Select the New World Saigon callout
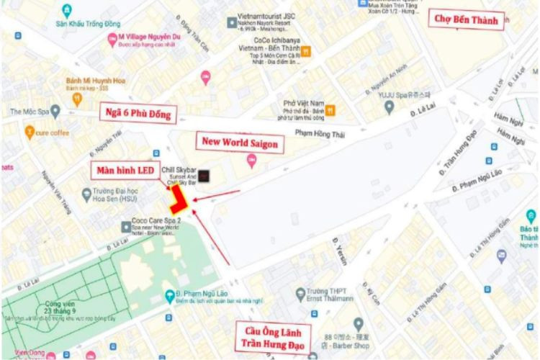238,143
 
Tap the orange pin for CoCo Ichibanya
306,51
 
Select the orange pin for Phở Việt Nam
330,110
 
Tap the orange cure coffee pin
29,132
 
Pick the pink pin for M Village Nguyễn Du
112,38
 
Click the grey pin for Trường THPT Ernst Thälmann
302,293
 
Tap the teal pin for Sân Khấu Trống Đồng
67,11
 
